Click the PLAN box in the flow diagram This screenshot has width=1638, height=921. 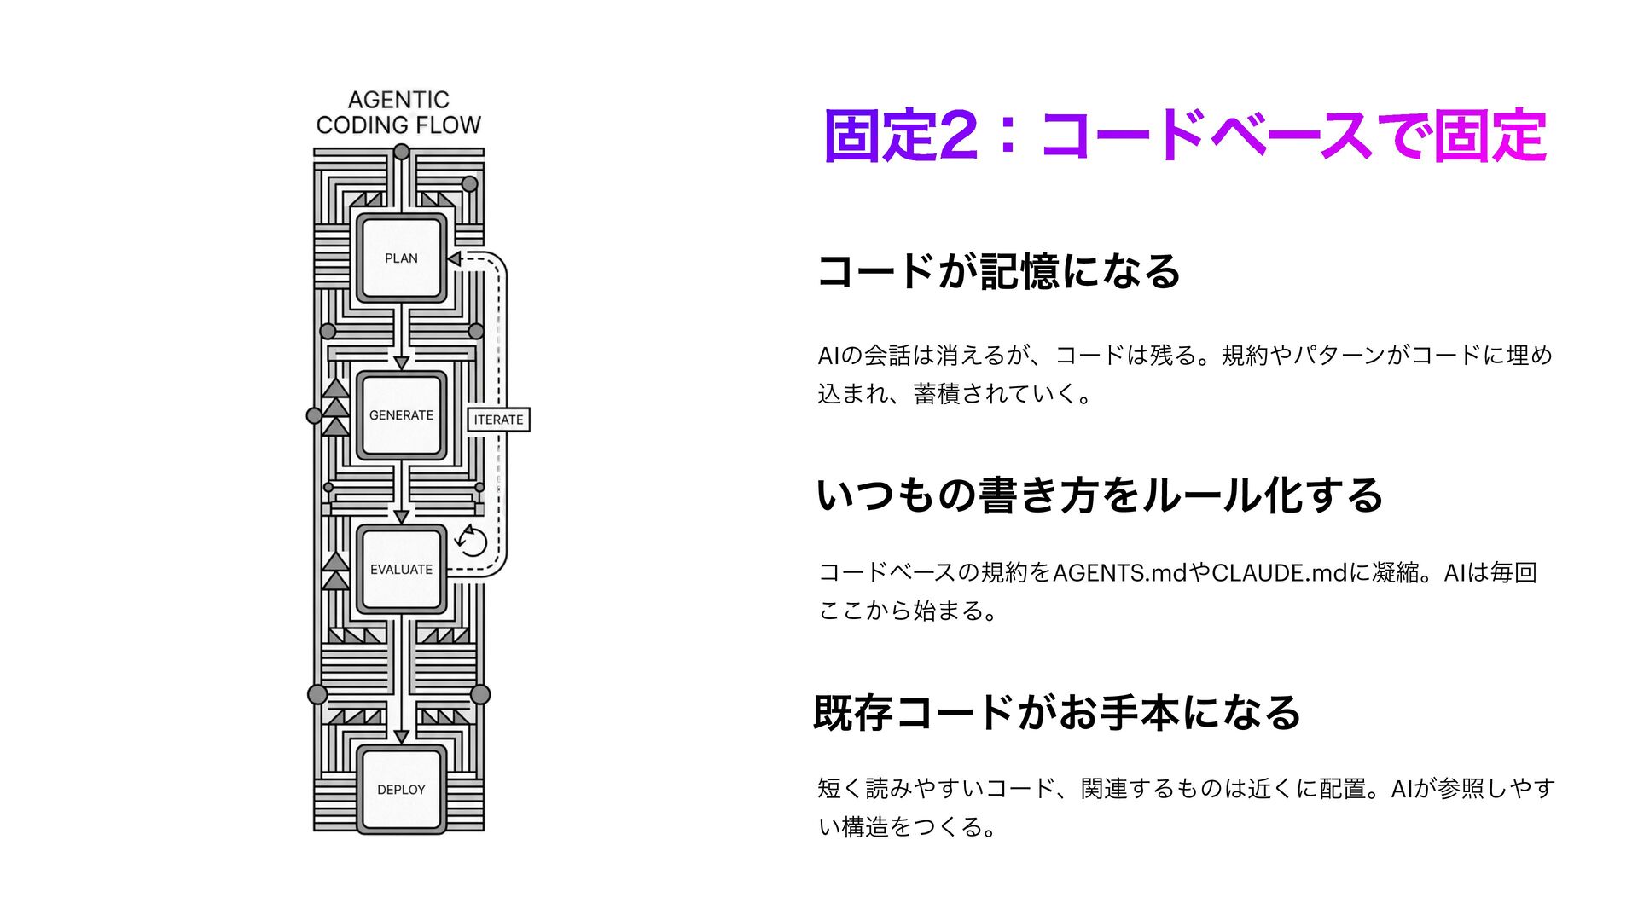click(401, 258)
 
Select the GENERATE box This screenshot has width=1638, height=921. click(401, 415)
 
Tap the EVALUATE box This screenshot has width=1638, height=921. click(401, 569)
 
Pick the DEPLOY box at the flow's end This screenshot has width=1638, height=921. click(401, 790)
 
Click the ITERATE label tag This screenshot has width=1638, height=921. click(499, 420)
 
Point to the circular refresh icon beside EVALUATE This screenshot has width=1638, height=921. click(472, 541)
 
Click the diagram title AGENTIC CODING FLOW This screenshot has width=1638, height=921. click(398, 113)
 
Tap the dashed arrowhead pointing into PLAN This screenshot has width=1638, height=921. click(455, 258)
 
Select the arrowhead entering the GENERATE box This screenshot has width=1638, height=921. click(401, 362)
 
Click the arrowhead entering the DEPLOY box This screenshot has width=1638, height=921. click(401, 736)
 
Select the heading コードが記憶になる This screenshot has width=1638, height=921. click(998, 271)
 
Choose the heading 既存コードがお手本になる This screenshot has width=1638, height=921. click(1057, 713)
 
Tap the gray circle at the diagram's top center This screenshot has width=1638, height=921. click(401, 153)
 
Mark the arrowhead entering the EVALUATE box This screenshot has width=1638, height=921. click(401, 516)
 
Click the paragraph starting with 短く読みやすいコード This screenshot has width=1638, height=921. click(1185, 807)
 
